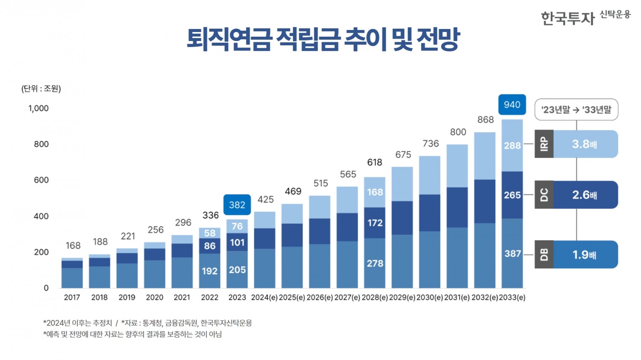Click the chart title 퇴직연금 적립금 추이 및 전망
pos(323,39)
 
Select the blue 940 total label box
pos(512,105)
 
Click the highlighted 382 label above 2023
pos(237,205)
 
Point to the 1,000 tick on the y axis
pos(38,108)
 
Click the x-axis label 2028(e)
pos(374,298)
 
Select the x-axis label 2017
pos(72,298)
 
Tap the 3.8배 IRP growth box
pos(585,144)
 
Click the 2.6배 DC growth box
pos(585,195)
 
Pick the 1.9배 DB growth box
pos(585,255)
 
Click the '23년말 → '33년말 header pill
pos(576,110)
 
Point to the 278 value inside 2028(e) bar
pos(375,263)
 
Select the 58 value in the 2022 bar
pos(209,233)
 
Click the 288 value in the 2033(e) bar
pos(512,146)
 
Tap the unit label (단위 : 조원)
pos(41,89)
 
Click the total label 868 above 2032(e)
pos(485,120)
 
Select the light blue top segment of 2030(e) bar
pos(429,175)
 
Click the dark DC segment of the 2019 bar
pos(127,258)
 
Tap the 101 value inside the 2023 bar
pos(237,243)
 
